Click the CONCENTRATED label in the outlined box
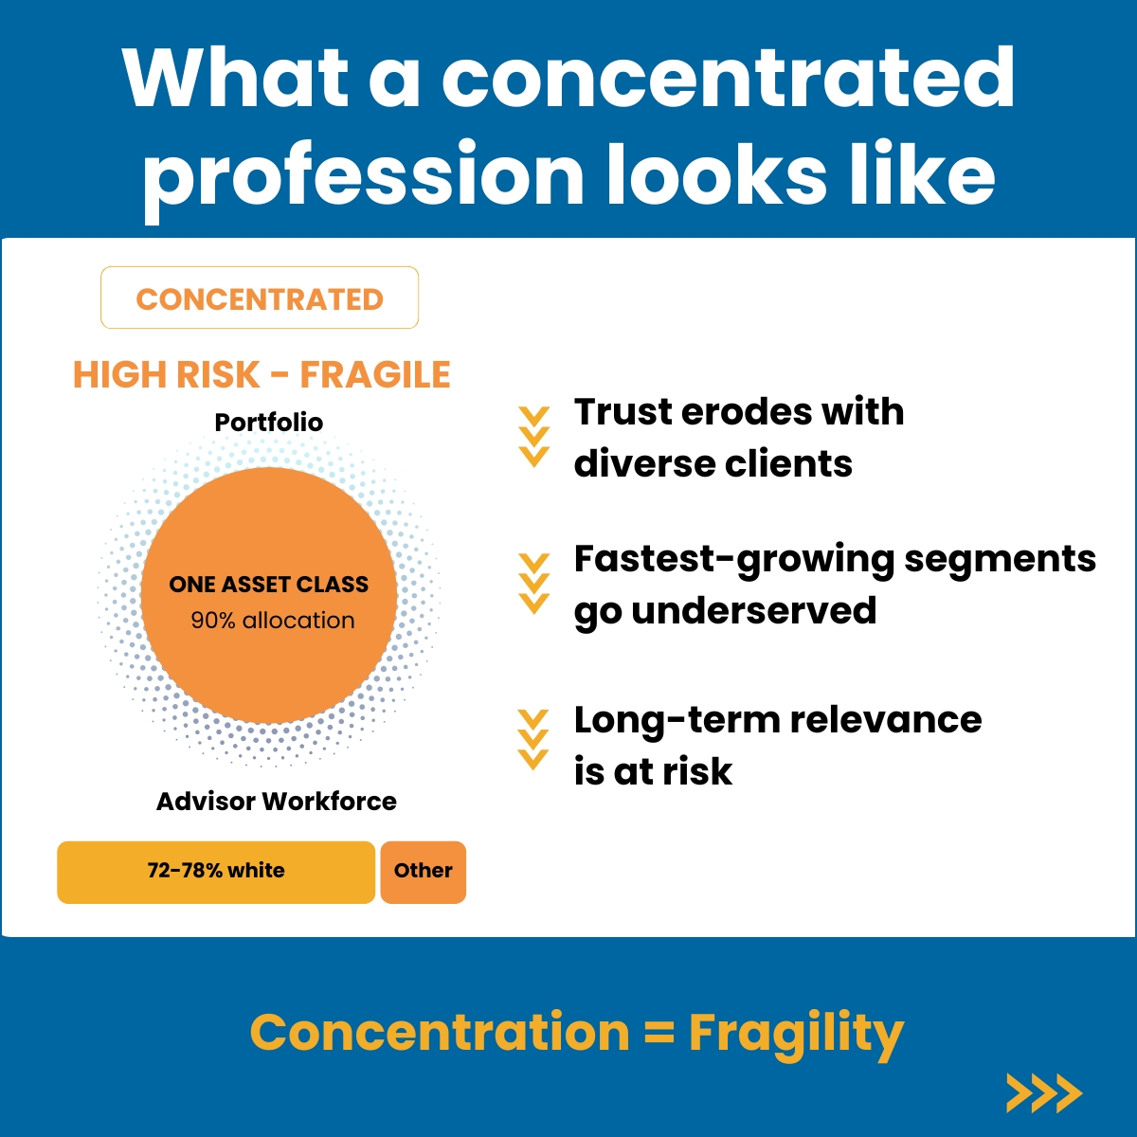260,299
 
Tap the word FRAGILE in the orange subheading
375,374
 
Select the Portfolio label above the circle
269,423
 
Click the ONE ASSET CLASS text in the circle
268,585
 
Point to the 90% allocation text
273,620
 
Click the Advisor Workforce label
276,802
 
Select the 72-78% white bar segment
216,872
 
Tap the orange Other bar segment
423,872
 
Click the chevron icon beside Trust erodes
534,437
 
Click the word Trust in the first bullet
623,411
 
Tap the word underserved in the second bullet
754,610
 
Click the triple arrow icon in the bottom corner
1044,1093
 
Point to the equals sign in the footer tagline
659,1035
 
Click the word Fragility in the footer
796,1036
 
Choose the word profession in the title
362,175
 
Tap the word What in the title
235,79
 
